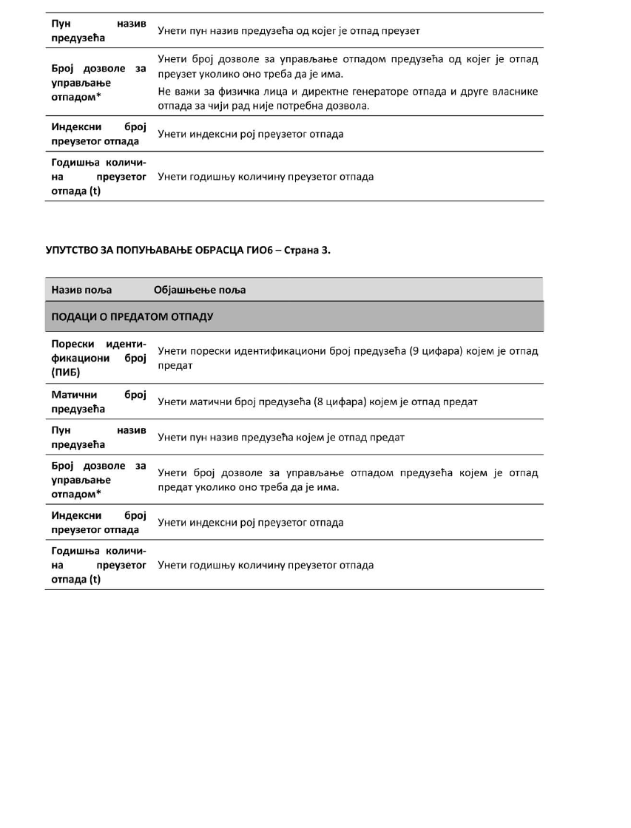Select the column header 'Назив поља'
81,290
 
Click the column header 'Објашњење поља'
200,290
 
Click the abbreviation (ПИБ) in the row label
65,372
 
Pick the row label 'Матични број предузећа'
98,402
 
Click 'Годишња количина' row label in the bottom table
98,566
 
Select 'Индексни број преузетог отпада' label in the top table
98,134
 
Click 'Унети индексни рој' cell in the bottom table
251,523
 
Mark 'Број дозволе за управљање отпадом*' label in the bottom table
98,480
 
